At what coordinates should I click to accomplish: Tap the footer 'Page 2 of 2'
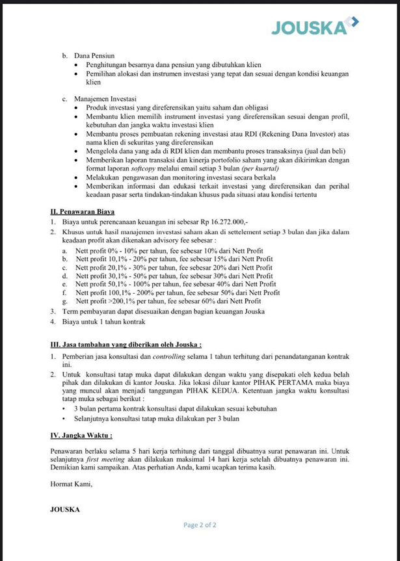(200, 525)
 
